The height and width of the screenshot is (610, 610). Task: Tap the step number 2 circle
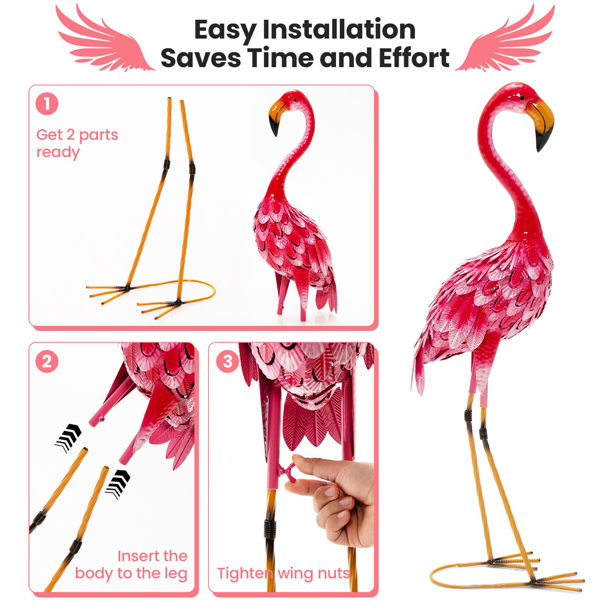point(47,361)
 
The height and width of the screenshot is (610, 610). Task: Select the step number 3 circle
point(227,361)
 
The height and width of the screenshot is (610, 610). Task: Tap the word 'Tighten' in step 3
point(245,573)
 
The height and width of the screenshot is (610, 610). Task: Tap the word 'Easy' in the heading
point(224,30)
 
